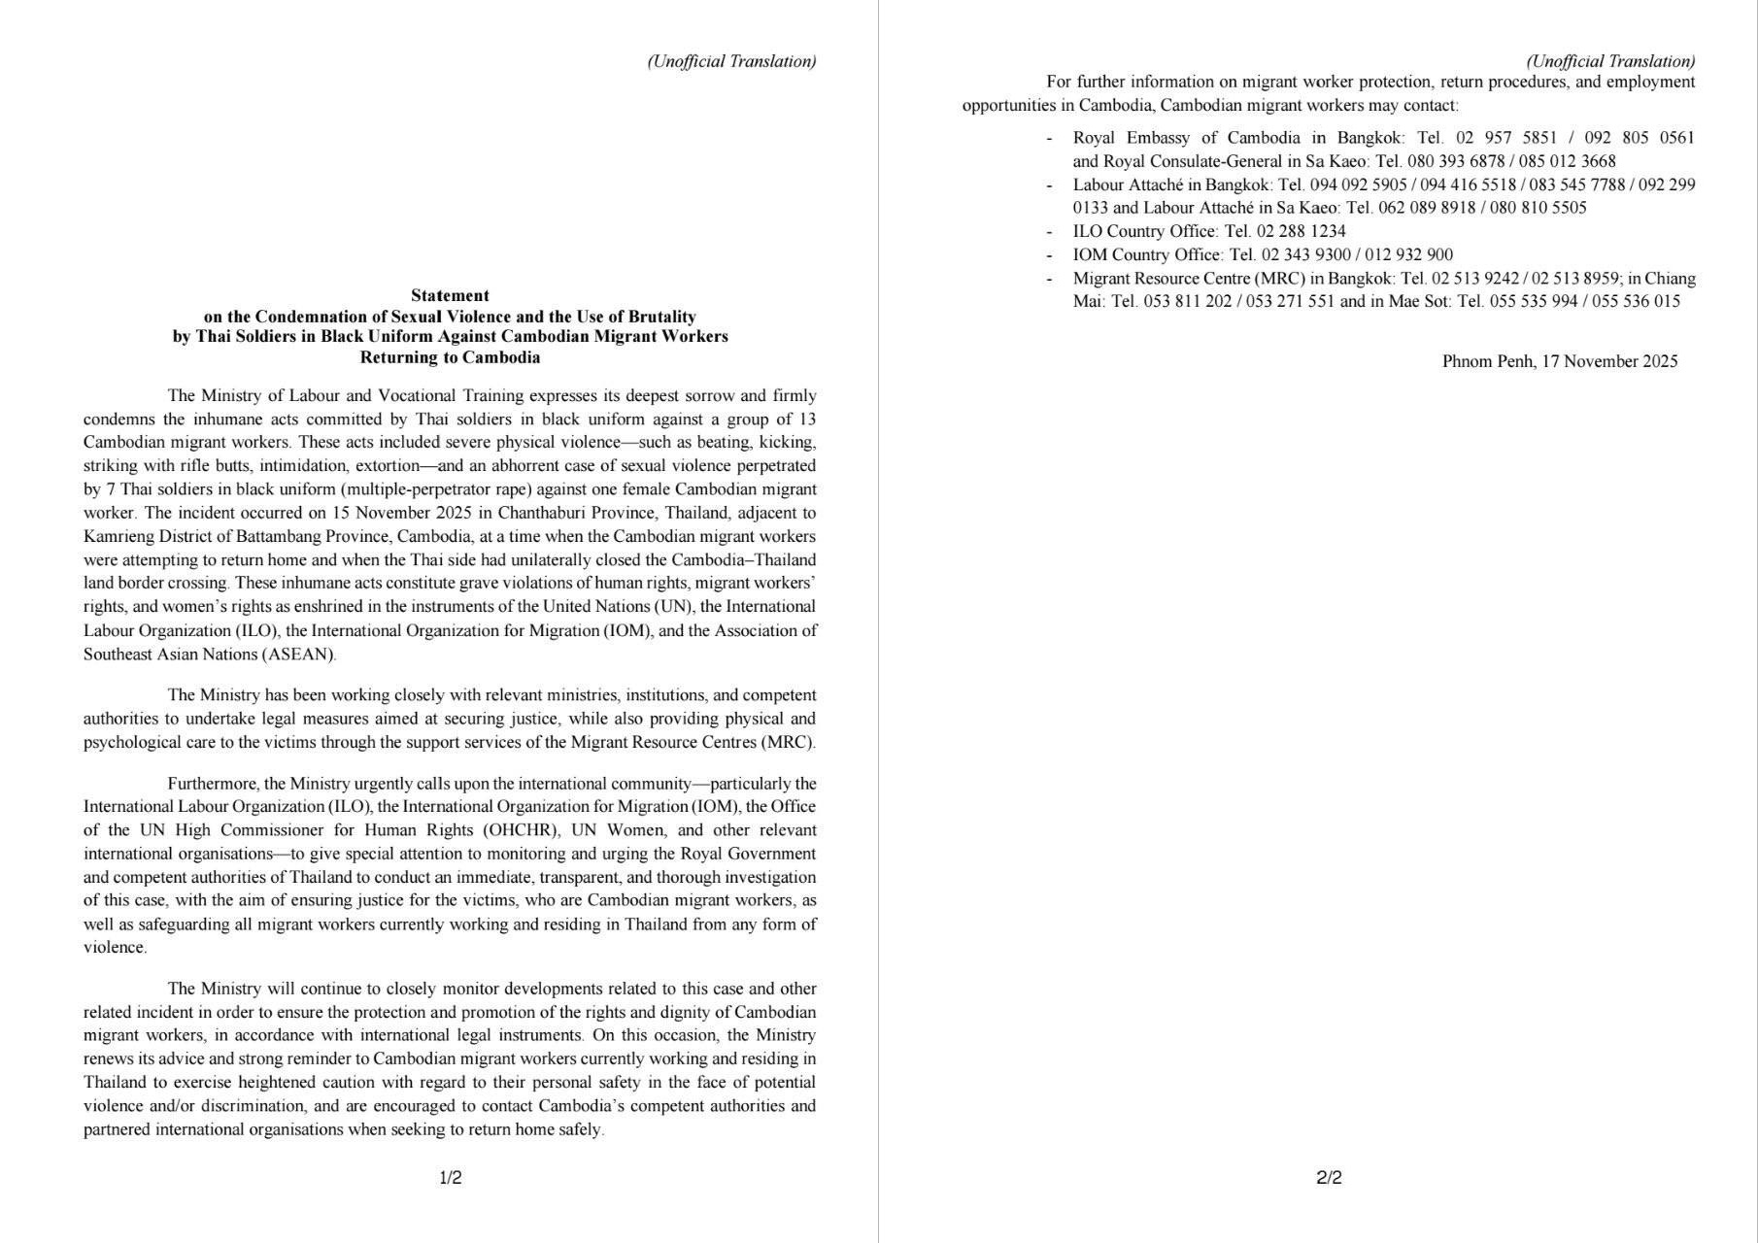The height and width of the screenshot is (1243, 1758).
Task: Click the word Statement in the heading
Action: pos(450,295)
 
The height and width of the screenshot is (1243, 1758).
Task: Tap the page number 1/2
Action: pos(451,1178)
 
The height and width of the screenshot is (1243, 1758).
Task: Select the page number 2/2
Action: pos(1329,1178)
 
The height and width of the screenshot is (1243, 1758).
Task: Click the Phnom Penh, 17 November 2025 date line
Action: pos(1560,361)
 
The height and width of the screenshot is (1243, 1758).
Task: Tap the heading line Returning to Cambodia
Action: pos(450,357)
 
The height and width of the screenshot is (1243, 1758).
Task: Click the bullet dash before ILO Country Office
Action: pos(1049,232)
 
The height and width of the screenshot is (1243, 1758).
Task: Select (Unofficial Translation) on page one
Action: pos(731,61)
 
